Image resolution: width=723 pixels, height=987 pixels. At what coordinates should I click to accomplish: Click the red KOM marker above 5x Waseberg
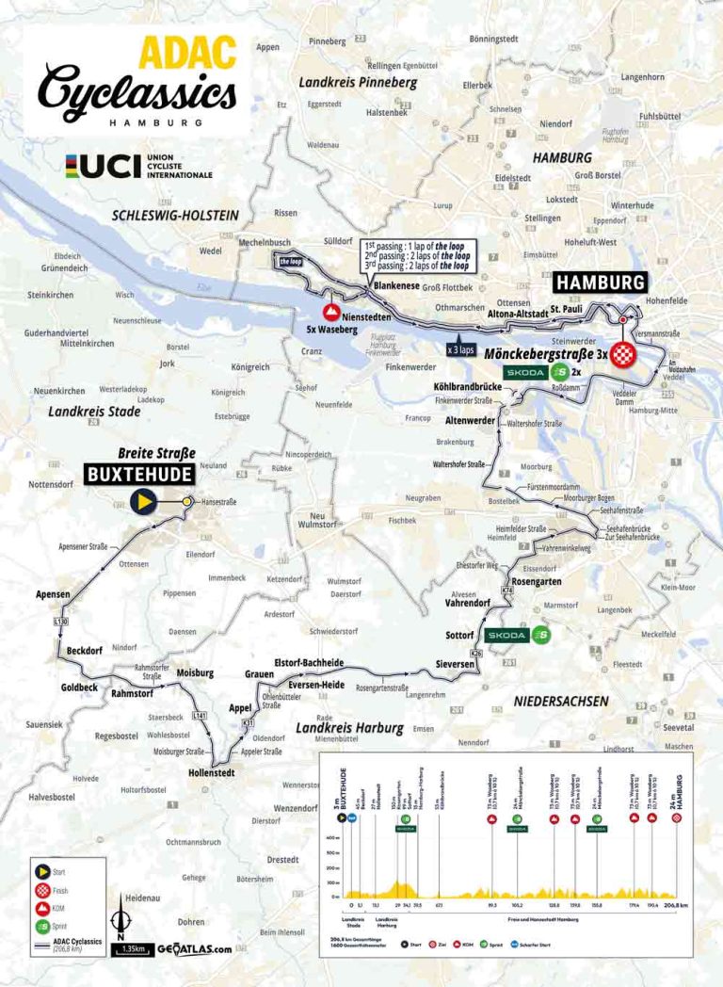coord(331,312)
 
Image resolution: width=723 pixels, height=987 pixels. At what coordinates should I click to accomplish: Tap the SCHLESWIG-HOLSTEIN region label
coord(175,215)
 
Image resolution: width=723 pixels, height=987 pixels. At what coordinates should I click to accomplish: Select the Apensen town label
coord(53,595)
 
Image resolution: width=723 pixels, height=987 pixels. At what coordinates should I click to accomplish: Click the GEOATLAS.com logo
coord(194,949)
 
